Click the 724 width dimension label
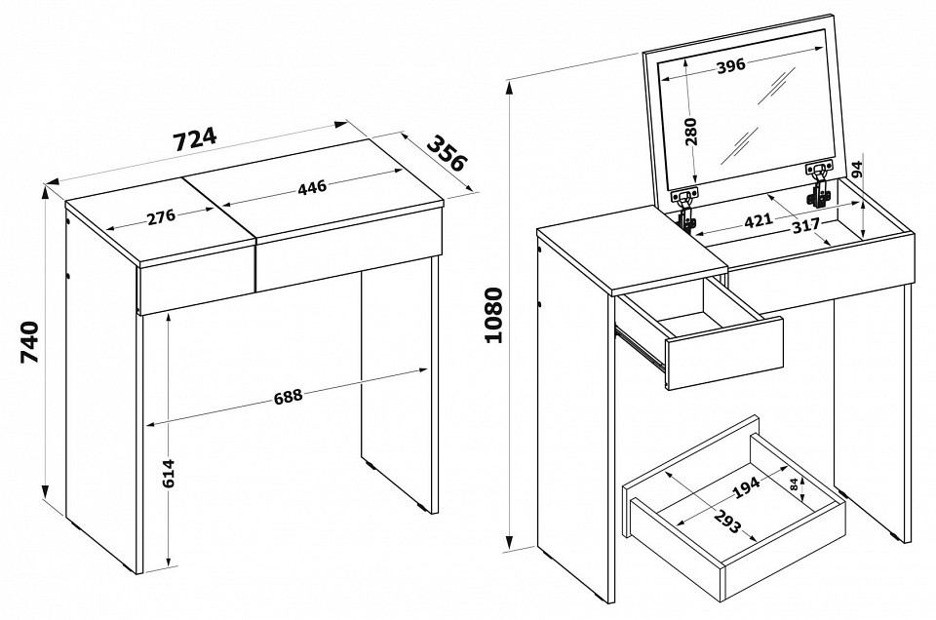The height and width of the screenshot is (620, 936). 195,139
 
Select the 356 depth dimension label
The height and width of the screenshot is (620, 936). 447,153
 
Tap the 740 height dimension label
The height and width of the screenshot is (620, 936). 29,342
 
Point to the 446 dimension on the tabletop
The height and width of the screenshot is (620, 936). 312,187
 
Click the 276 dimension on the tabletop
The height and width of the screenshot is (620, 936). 161,215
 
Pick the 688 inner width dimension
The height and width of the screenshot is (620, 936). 289,396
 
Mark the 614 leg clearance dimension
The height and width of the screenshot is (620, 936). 169,473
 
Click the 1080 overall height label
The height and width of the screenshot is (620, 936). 495,315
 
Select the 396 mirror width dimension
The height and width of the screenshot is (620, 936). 730,65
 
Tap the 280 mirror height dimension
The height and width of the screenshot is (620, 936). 691,132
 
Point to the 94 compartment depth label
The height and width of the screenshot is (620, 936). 857,169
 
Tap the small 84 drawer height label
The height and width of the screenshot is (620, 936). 794,484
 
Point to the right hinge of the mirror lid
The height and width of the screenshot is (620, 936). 819,184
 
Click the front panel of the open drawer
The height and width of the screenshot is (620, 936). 724,354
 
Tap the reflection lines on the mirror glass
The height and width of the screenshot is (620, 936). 759,115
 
